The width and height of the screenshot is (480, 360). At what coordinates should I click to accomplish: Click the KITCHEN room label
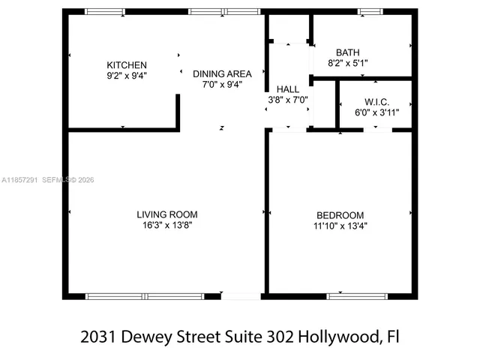[x=127, y=65]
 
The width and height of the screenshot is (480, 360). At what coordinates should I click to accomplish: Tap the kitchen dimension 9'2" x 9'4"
[x=127, y=75]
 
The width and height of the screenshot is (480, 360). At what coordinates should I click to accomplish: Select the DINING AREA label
[x=222, y=73]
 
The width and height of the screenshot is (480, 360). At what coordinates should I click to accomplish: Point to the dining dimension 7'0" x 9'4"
[x=222, y=84]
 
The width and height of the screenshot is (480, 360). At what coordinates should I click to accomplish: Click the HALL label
[x=288, y=89]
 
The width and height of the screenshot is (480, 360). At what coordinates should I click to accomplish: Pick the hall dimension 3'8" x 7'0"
[x=288, y=99]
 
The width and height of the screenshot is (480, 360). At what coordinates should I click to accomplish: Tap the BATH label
[x=348, y=52]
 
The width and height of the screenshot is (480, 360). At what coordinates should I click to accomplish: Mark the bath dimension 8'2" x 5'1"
[x=348, y=63]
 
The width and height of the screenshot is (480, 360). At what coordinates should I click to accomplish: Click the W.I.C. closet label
[x=376, y=102]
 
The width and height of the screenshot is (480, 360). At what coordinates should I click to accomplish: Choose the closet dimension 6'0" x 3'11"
[x=376, y=112]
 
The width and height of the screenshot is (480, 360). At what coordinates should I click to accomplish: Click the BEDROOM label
[x=340, y=214]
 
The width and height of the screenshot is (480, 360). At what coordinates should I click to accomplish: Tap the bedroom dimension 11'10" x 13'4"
[x=340, y=225]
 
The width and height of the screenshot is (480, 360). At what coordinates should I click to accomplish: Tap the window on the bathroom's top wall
[x=369, y=11]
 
